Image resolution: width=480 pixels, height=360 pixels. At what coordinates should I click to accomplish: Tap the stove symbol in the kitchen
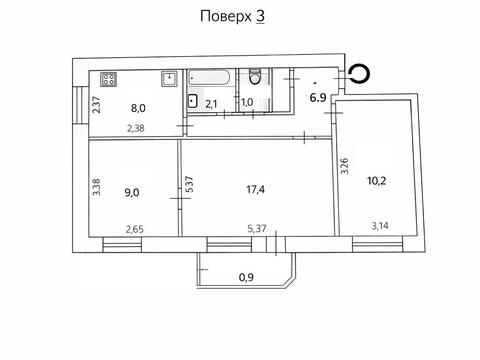(x=108, y=80)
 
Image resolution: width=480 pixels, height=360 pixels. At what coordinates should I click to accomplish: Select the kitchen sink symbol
(x=171, y=78)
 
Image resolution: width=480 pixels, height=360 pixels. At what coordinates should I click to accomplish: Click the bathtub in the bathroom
(x=211, y=77)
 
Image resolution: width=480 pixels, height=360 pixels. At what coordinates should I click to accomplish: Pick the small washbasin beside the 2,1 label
(x=191, y=99)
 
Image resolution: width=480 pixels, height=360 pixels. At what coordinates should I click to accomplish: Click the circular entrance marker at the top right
(x=358, y=73)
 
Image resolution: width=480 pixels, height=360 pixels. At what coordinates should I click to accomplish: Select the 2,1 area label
(x=212, y=102)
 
